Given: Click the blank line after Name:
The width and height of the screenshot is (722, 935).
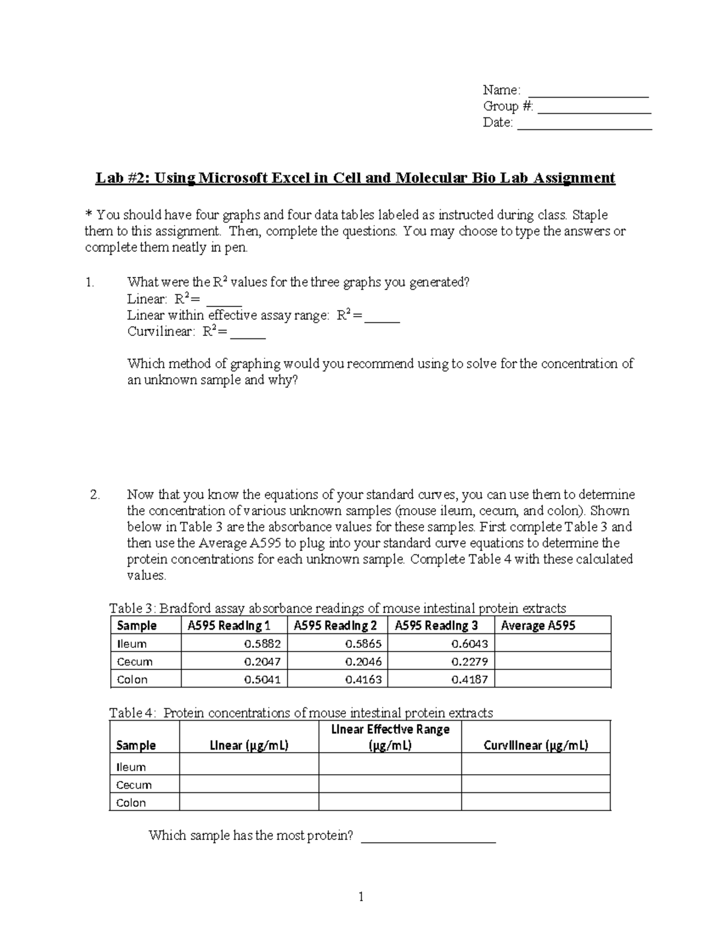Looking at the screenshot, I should pos(588,93).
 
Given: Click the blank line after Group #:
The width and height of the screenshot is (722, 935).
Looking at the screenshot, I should pos(594,110).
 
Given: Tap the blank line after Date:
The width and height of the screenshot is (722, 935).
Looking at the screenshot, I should pos(584,126).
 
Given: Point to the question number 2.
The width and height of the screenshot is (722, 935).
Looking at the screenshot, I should pos(94,495).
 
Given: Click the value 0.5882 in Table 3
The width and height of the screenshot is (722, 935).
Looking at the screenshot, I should pos(262,644).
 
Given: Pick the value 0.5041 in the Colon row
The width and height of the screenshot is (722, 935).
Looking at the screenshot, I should pos(262,680).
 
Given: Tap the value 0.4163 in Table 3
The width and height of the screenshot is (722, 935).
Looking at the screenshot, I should pos(363,680).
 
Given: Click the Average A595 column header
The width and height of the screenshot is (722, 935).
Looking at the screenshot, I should pos(538,626).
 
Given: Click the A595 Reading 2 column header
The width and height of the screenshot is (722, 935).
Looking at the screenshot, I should pos(336,626).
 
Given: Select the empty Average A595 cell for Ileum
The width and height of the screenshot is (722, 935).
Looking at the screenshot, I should pos(552,644).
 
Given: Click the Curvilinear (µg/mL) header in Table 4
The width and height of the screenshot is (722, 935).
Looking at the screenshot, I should pos(535,745).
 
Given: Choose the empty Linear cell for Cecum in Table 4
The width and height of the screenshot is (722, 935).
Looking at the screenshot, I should pos(248,784).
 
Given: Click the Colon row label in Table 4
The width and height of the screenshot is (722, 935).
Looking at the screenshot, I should pos(131,803).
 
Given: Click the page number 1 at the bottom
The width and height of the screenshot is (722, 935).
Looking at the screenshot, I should pos(361,898).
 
